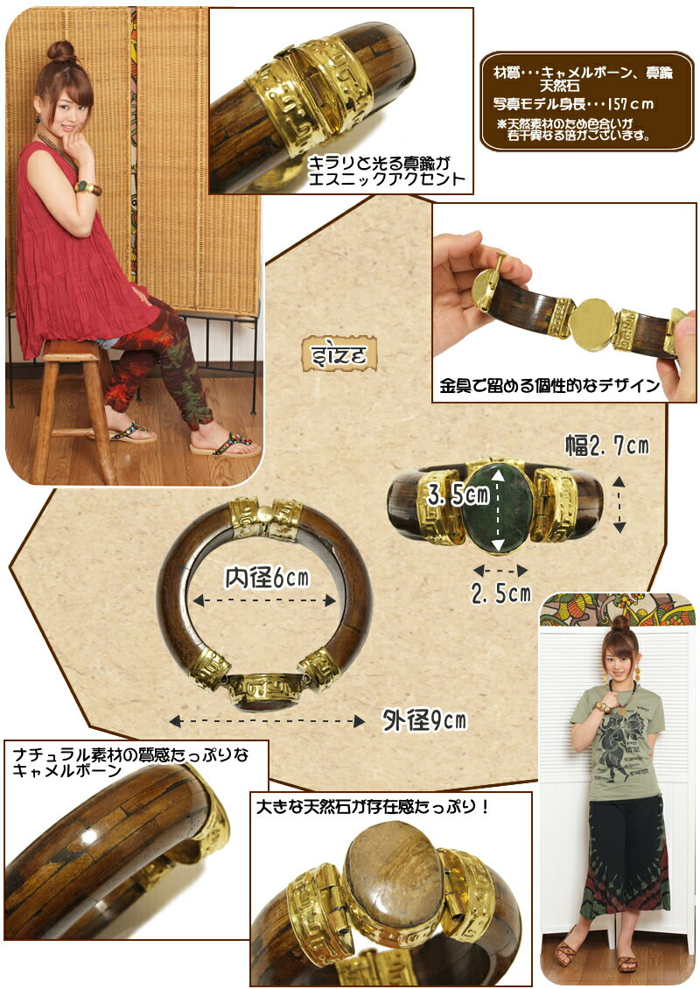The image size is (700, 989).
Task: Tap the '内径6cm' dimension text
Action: pos(268,578)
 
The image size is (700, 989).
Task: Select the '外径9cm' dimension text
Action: pos(424,719)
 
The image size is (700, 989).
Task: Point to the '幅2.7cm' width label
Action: pos(606,445)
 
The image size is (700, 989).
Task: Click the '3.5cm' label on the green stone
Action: pos(458,495)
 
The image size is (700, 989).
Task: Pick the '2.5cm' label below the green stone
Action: pos(501,593)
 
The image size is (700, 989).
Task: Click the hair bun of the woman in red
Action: pos(60,52)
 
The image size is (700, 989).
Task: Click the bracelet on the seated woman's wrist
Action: pos(87,187)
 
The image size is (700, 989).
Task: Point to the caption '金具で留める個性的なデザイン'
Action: pos(549,386)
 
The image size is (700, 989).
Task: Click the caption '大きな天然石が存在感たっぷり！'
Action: pos(373,807)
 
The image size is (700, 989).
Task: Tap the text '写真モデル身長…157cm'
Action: pos(573,104)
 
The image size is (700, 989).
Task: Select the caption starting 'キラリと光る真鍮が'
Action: pos(386,171)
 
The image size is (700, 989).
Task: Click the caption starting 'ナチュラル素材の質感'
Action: pos(130,762)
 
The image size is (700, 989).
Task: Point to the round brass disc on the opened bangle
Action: pos(592,323)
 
